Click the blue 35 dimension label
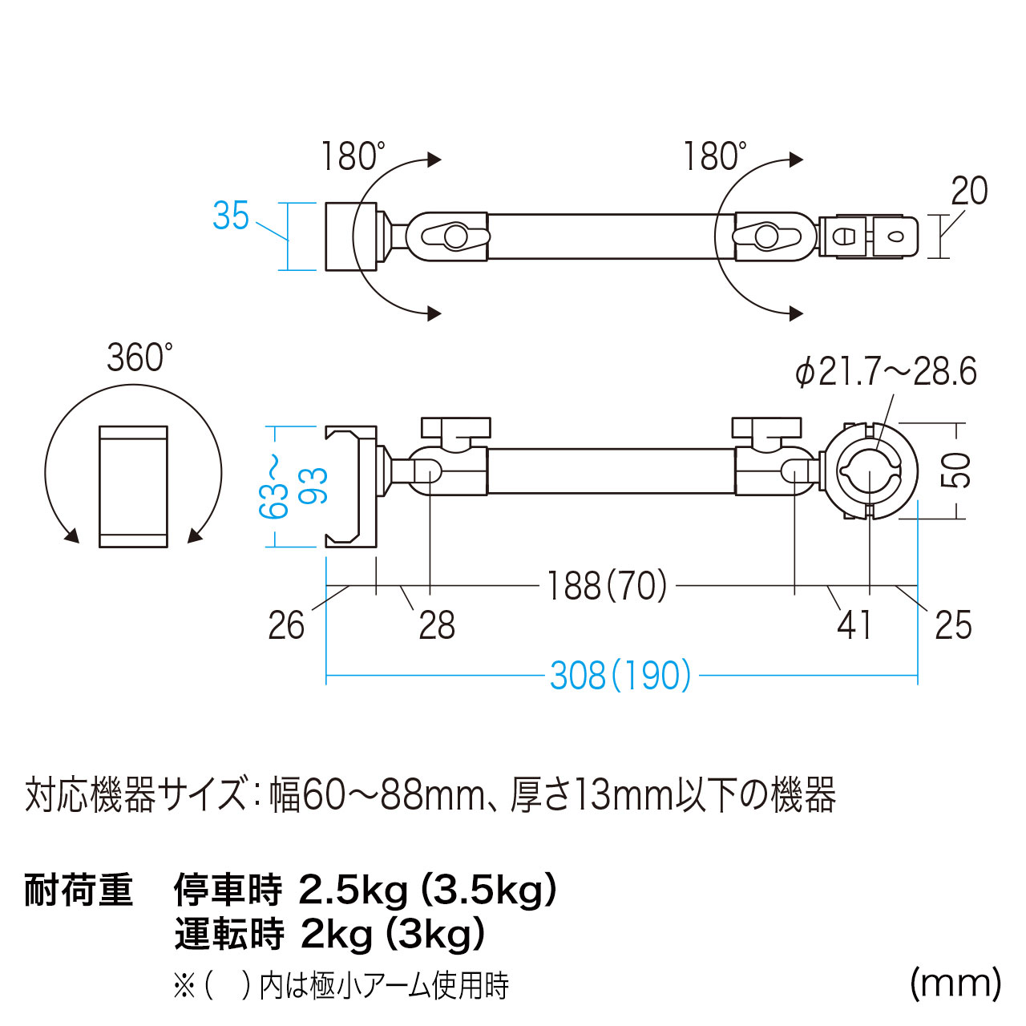point(231,216)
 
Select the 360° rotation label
point(140,357)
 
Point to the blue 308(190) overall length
point(620,676)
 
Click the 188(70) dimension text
point(607,586)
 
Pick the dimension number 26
point(286,625)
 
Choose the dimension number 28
point(437,625)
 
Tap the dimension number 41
point(854,625)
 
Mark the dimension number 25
point(953,625)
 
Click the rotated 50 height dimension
point(955,471)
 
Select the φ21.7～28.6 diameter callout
point(886,371)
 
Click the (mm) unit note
point(955,984)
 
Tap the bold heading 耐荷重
point(79,890)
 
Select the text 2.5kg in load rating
point(353,891)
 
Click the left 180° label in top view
point(353,156)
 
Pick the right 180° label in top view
point(714,156)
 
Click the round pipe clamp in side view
point(869,471)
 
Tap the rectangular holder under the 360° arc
point(134,486)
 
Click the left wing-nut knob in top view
point(456,236)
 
